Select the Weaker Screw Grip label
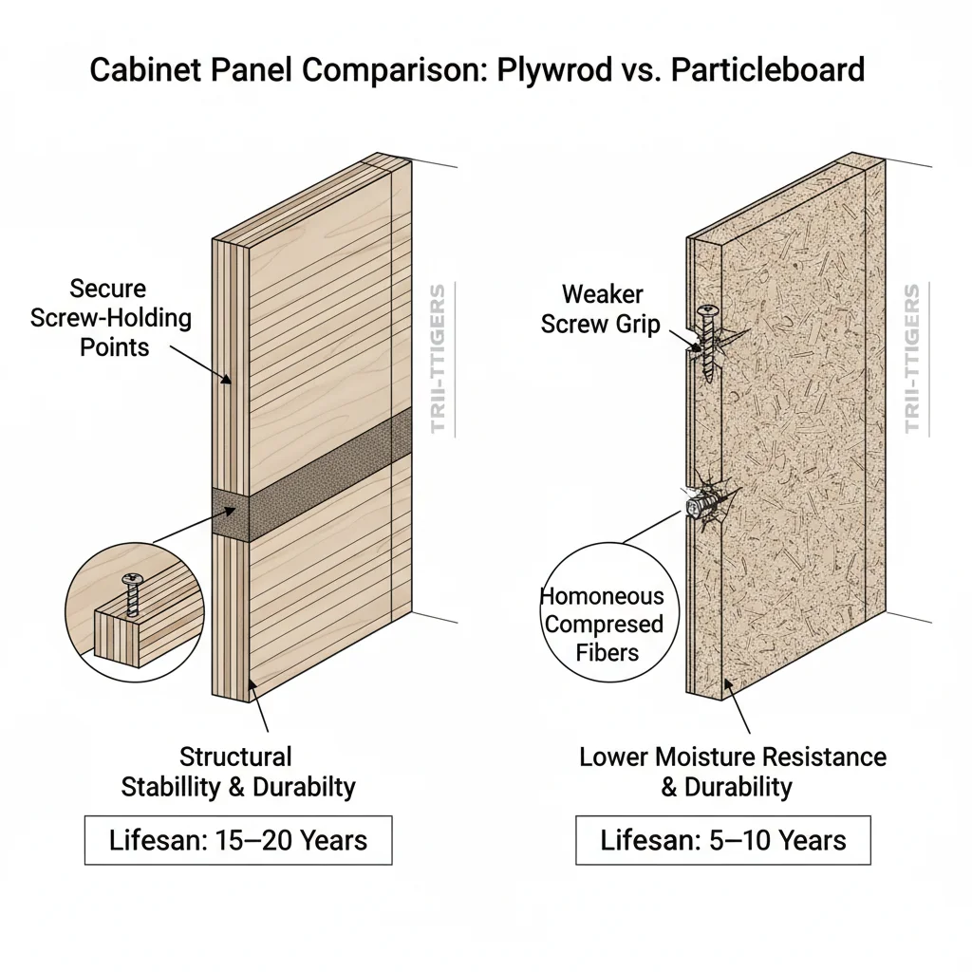point(601,308)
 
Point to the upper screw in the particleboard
point(707,341)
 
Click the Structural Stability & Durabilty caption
point(237,771)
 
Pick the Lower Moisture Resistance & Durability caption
point(732,771)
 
